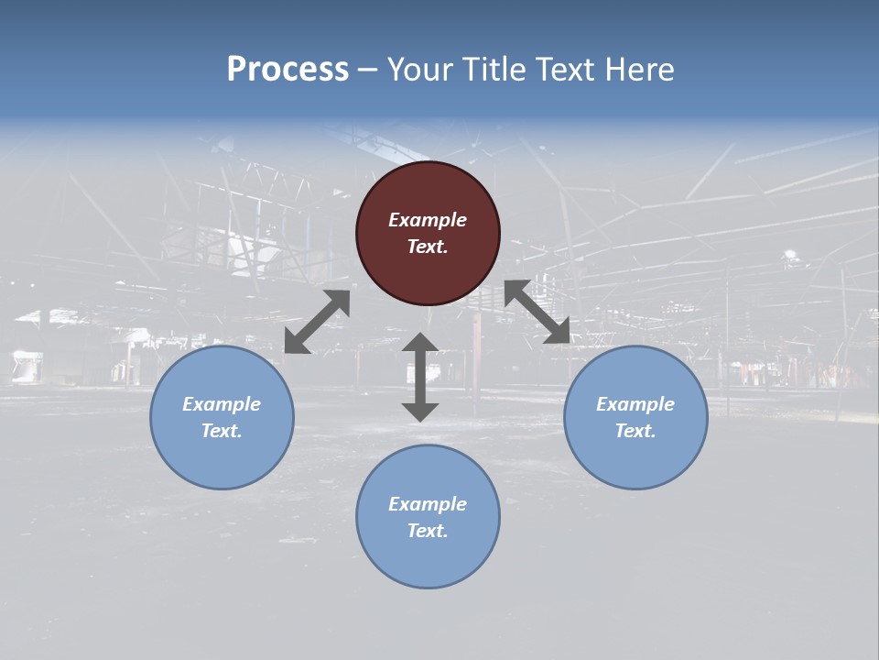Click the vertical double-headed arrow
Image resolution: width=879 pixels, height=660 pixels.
coord(420,377)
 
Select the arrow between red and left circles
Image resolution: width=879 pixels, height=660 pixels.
coord(317,322)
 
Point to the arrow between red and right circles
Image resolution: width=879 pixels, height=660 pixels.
coord(537,312)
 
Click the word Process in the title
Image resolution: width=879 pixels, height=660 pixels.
coord(288,69)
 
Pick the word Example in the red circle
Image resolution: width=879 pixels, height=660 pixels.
coord(428,220)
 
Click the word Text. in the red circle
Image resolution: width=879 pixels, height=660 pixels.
coord(428,247)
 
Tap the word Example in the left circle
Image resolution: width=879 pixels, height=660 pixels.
coord(222,404)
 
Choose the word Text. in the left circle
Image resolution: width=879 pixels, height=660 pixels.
coord(222,431)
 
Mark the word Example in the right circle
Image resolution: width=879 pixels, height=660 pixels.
coord(635,404)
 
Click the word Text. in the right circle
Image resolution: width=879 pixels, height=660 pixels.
coord(635,431)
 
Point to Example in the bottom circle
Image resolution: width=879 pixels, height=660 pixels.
coord(428,504)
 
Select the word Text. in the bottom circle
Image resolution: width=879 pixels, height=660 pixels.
coord(428,531)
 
